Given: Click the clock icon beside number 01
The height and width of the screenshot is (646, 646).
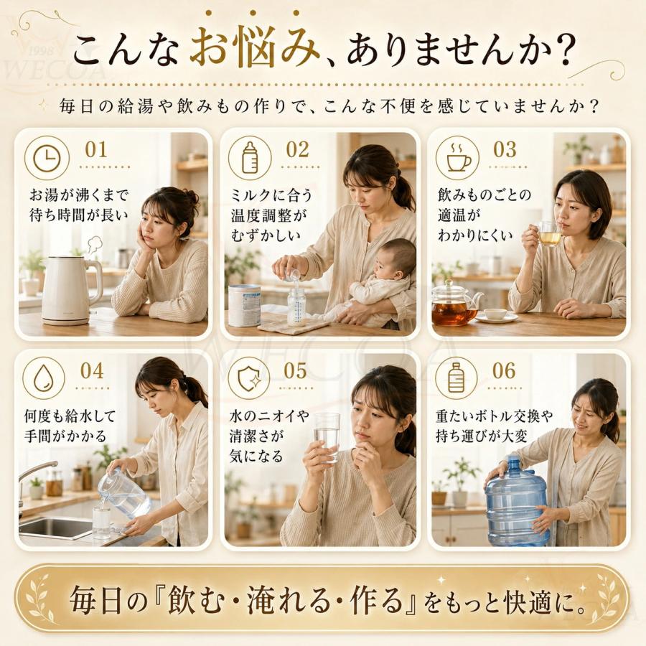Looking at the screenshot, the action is (47, 158).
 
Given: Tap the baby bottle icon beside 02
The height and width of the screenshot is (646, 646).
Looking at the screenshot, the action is (250, 158).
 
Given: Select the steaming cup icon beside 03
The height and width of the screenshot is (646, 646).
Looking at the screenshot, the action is (458, 158).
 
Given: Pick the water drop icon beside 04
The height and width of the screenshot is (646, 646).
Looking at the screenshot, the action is (43, 378).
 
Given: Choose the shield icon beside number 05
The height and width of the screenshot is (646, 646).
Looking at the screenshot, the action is (249, 378).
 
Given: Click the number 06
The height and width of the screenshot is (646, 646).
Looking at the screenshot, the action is (504, 371).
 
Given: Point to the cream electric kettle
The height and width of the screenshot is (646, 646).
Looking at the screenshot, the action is (71, 290).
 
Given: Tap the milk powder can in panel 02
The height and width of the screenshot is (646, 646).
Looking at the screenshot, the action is (244, 305).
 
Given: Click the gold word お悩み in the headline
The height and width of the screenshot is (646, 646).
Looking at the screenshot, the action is (255, 49).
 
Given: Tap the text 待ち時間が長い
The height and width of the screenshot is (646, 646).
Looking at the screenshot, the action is (78, 215).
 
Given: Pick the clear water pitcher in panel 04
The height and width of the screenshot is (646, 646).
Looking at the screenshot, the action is (123, 493).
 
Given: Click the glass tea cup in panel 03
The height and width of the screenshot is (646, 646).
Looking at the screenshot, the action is (549, 233).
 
